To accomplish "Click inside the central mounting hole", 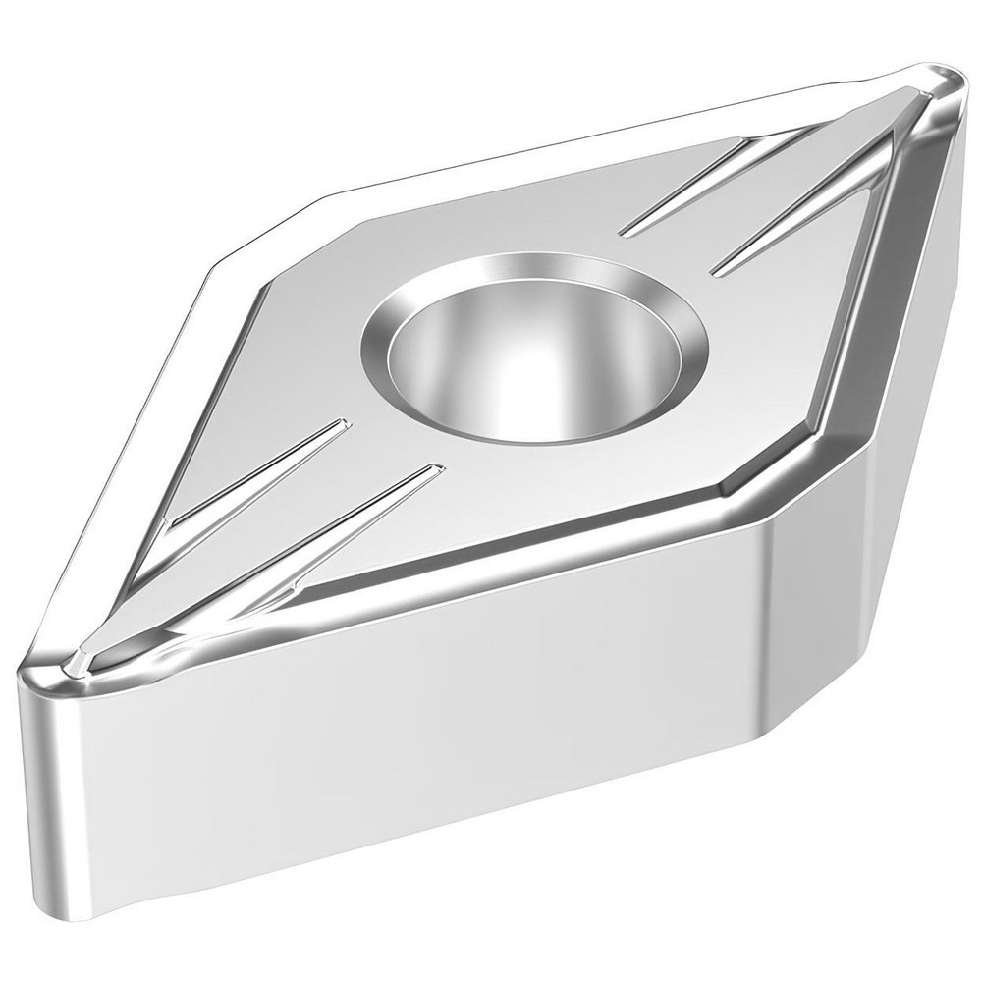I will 535,363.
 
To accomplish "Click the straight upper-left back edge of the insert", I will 540,147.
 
